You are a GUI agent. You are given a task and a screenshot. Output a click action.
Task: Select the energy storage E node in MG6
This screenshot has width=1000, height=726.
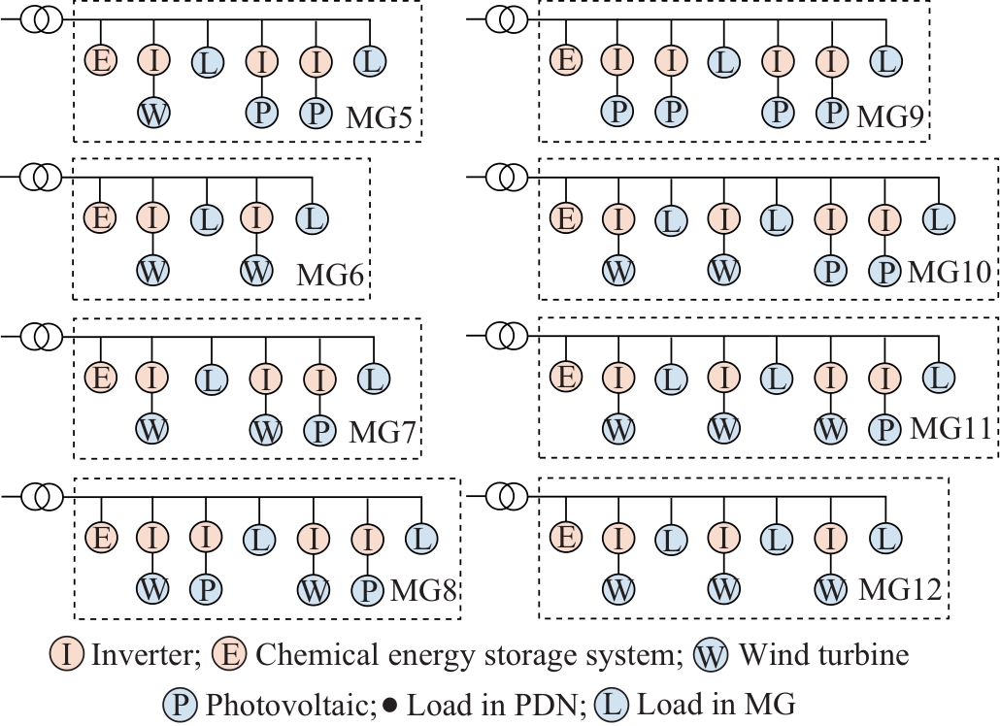click(101, 218)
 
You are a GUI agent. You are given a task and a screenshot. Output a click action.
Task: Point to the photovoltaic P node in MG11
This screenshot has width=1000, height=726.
click(884, 428)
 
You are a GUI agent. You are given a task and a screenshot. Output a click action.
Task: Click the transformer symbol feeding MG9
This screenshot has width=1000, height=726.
click(503, 18)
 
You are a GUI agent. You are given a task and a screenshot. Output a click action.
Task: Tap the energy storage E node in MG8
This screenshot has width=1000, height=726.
click(101, 537)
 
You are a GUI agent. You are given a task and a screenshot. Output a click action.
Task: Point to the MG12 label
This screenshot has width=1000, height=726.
click(902, 587)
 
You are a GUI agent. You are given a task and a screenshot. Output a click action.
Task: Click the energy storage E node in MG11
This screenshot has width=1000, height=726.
click(563, 376)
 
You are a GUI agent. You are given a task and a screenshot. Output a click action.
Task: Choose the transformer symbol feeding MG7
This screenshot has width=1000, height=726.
click(39, 336)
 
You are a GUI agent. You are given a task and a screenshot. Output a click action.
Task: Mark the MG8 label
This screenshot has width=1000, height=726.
click(424, 588)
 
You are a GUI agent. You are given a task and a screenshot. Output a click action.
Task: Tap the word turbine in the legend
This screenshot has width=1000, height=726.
click(864, 655)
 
